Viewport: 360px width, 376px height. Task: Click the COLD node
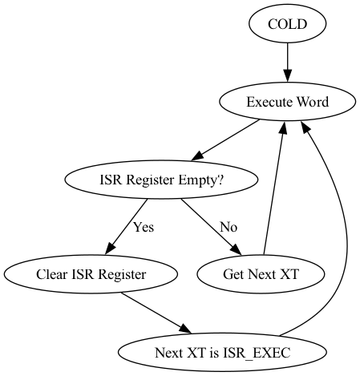[287, 25]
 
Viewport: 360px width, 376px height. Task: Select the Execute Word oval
[287, 103]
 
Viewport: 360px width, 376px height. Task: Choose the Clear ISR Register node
[91, 274]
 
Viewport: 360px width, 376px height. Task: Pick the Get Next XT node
[261, 274]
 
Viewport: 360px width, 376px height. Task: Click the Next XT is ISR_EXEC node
[223, 352]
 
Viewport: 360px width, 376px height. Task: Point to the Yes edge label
[143, 227]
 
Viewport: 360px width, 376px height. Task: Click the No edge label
[229, 227]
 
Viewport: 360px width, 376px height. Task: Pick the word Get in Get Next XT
[232, 274]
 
